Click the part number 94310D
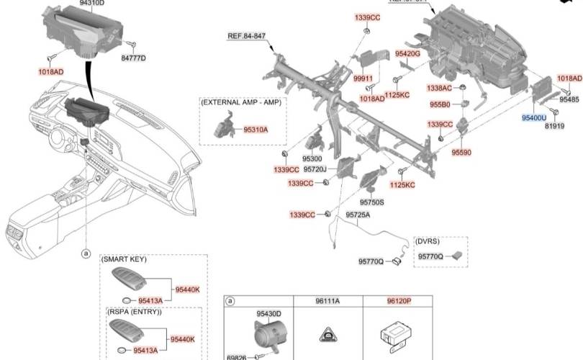click(x=91, y=3)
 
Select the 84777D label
click(x=133, y=58)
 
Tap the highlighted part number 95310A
click(x=256, y=130)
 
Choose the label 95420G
click(x=407, y=54)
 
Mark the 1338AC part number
click(x=439, y=88)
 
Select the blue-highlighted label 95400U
click(x=534, y=117)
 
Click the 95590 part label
click(x=461, y=153)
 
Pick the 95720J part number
click(x=315, y=170)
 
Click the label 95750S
click(x=372, y=203)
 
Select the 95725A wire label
click(x=358, y=215)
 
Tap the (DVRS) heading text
click(x=428, y=242)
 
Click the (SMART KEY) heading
click(x=125, y=259)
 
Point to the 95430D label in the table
click(x=268, y=314)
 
